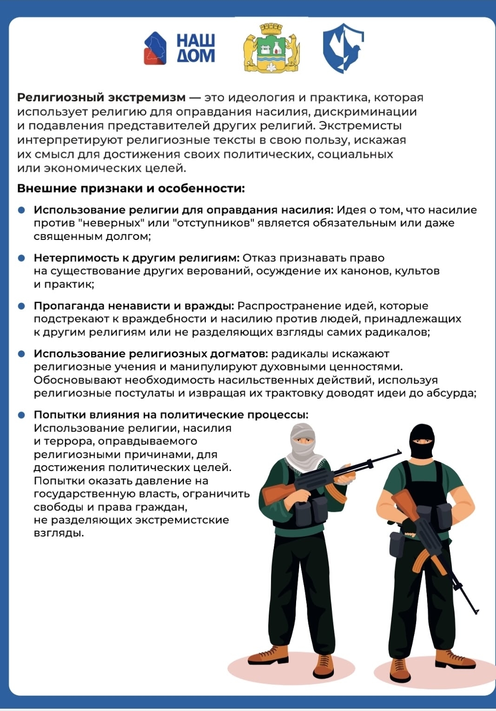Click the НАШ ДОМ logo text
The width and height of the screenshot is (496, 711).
click(195, 48)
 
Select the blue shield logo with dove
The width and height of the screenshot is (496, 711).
click(343, 48)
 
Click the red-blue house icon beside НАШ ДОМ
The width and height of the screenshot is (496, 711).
click(155, 48)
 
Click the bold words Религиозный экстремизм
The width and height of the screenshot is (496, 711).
click(101, 98)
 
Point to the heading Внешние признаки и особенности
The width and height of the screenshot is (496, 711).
click(131, 189)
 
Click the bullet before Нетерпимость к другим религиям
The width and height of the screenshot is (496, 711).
click(21, 258)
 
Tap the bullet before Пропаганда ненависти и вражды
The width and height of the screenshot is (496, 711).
click(21, 306)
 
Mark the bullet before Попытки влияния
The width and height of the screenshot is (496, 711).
click(21, 415)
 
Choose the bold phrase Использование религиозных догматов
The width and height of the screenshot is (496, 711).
click(151, 354)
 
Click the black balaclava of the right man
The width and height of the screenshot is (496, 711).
click(422, 441)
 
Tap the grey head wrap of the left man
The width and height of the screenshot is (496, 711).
click(303, 442)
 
